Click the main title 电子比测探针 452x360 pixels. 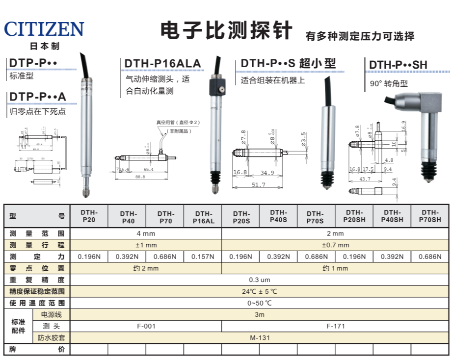(226, 30)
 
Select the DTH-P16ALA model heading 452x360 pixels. (162, 63)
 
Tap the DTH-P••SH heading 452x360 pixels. (398, 65)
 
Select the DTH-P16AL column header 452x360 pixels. (203, 217)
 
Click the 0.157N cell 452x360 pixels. (203, 257)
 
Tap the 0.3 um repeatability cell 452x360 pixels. (260, 280)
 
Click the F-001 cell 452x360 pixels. (146, 326)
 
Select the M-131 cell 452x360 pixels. (260, 337)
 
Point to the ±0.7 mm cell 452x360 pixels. (335, 245)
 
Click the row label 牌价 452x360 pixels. (36, 349)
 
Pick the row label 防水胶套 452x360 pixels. (51, 337)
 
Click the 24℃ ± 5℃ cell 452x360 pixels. (260, 291)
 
